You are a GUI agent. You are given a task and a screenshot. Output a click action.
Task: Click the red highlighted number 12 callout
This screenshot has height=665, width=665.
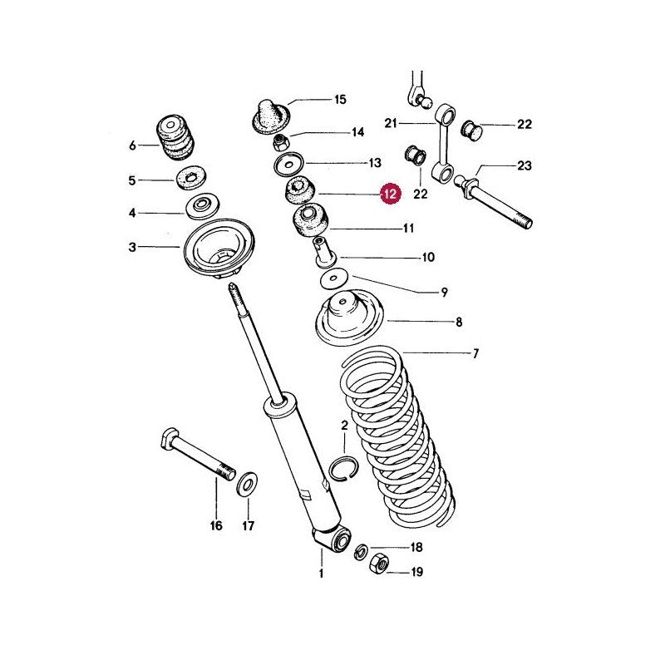pyautogui.click(x=390, y=195)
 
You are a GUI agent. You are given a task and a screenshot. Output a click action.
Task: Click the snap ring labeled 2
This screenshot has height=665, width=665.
pyautogui.click(x=344, y=469)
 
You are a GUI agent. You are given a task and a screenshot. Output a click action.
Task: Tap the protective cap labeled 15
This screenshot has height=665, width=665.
pyautogui.click(x=270, y=116)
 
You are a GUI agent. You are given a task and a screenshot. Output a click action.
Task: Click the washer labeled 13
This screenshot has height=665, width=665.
pyautogui.click(x=288, y=164)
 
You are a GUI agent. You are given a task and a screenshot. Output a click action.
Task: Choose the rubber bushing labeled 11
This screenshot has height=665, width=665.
pyautogui.click(x=311, y=221)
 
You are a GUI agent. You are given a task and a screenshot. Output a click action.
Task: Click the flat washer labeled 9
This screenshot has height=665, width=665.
pyautogui.click(x=334, y=278)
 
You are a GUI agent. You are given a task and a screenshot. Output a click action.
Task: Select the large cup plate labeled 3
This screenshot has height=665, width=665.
pyautogui.click(x=219, y=248)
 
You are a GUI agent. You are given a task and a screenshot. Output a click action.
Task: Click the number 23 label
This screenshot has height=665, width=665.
pyautogui.click(x=525, y=165)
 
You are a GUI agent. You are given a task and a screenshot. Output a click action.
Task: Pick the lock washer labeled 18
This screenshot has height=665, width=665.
pyautogui.click(x=361, y=551)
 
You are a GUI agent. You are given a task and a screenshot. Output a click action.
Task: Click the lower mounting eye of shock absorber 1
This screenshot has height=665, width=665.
pyautogui.click(x=341, y=539)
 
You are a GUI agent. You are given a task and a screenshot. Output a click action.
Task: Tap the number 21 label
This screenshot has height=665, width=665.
pyautogui.click(x=391, y=123)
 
